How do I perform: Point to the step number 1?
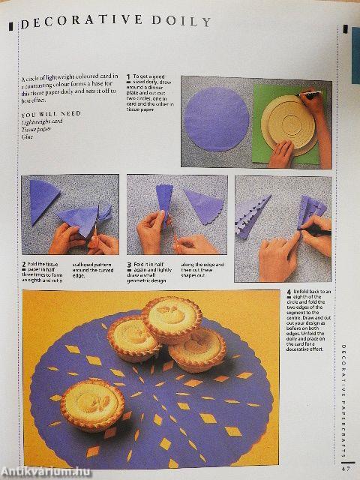point(128,76)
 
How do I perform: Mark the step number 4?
point(289,290)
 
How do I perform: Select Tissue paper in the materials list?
point(37,128)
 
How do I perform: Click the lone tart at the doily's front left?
point(92,403)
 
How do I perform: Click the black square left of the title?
point(10,25)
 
